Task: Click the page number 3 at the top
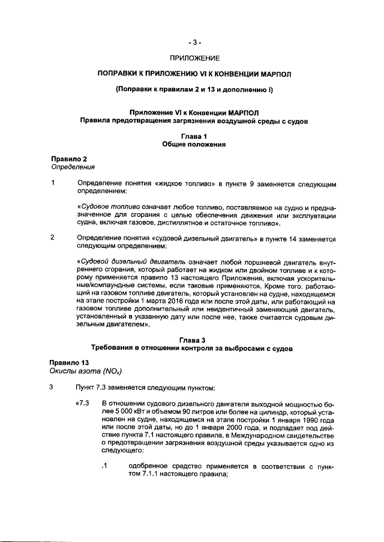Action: coord(194,42)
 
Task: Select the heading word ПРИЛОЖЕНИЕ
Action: coord(194,58)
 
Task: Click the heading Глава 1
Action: coord(194,137)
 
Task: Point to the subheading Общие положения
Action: coord(194,145)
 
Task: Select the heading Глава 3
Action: coord(193,340)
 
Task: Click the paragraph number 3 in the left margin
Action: coord(53,386)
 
